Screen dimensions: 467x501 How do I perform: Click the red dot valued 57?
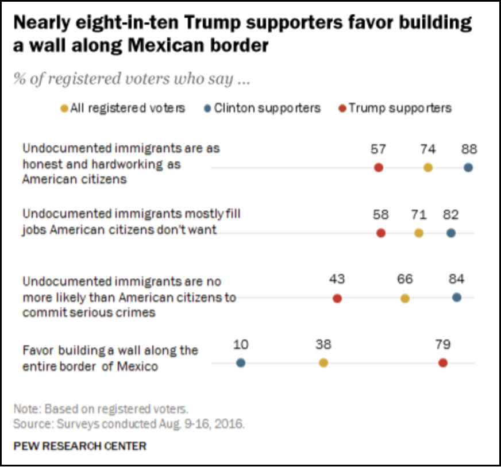[x=378, y=168]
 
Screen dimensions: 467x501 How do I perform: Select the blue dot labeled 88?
[x=468, y=168]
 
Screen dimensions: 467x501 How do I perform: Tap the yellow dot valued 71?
[x=419, y=233]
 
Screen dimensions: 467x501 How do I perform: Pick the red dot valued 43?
[x=337, y=299]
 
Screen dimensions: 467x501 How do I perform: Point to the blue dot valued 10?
[x=241, y=363]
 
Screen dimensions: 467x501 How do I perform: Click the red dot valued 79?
[x=442, y=363]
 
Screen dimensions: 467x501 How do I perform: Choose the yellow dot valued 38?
[x=323, y=363]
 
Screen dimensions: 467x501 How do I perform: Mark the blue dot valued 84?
[x=456, y=298]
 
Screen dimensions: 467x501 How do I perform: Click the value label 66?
[x=405, y=280]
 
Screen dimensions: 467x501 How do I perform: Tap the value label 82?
[x=451, y=215]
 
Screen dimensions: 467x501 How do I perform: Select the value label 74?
[x=427, y=149]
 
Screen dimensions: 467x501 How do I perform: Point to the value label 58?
[x=380, y=215]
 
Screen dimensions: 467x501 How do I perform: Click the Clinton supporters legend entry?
[x=263, y=108]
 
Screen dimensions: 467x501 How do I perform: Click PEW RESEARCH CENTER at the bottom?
[x=80, y=446]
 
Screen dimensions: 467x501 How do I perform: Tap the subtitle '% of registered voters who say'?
[x=132, y=79]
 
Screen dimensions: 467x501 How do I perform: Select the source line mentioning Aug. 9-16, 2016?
[x=129, y=424]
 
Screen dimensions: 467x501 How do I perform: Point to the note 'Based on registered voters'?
[x=101, y=410]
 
